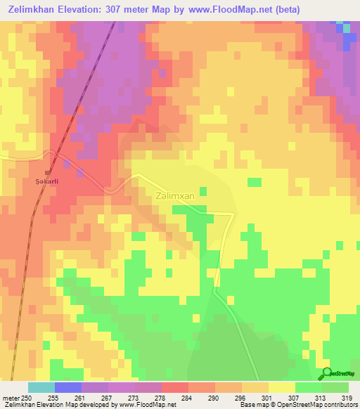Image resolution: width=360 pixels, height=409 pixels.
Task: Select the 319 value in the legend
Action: tap(347, 397)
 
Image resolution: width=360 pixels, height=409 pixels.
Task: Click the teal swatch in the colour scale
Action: tap(41, 387)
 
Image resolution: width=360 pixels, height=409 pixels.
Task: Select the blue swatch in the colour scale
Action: tap(68, 387)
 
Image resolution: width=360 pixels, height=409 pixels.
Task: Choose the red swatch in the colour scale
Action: tap(175, 387)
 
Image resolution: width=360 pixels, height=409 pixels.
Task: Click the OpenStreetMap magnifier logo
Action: tap(327, 373)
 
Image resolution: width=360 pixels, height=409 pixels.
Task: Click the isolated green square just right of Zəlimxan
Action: tap(203, 191)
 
